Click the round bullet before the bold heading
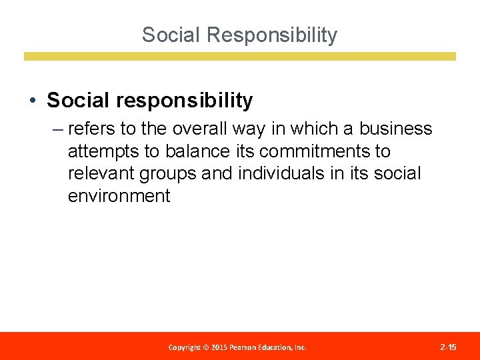[x=32, y=101]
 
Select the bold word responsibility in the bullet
[x=184, y=101]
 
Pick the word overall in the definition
[x=198, y=129]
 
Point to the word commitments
[x=313, y=151]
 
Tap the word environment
[x=119, y=196]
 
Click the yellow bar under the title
[x=240, y=57]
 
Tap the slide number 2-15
[x=448, y=347]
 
